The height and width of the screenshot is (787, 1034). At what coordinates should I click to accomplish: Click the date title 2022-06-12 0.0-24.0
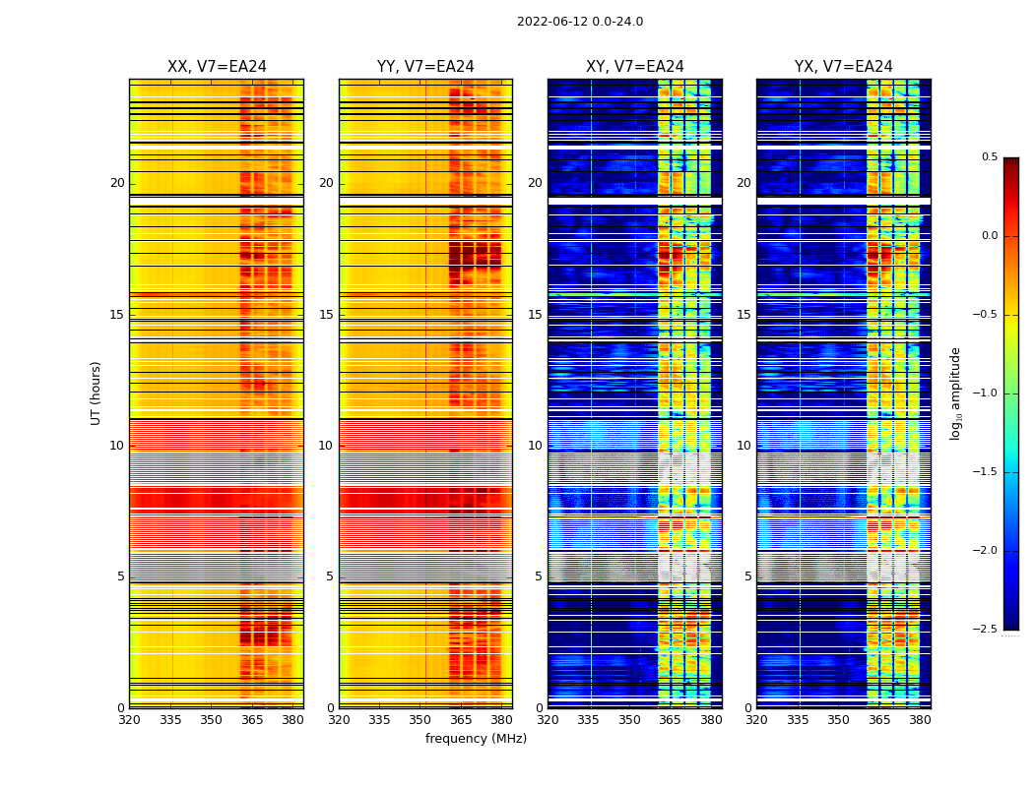[x=579, y=22]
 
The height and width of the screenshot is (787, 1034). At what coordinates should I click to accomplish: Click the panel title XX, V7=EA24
[x=217, y=67]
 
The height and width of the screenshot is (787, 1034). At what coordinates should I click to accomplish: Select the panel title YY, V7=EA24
[x=425, y=67]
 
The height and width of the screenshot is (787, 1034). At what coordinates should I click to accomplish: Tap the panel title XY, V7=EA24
[x=635, y=67]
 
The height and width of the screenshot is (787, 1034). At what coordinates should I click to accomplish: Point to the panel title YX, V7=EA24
[x=844, y=67]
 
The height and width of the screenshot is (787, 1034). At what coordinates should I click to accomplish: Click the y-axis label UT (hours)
[x=97, y=393]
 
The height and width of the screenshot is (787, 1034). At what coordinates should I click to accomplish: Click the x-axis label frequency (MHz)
[x=476, y=739]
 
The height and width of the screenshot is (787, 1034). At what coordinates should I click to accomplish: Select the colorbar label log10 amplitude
[x=955, y=393]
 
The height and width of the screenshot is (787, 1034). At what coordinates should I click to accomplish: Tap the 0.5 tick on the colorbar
[x=989, y=157]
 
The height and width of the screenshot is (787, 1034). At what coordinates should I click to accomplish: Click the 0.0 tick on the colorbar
[x=989, y=236]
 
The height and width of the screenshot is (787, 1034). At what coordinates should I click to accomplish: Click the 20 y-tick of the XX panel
[x=117, y=183]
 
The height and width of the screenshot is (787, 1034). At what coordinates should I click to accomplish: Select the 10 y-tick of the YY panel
[x=327, y=446]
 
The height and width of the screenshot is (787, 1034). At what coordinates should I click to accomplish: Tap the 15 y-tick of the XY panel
[x=536, y=315]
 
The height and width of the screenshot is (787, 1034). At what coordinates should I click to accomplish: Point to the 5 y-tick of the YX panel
[x=748, y=576]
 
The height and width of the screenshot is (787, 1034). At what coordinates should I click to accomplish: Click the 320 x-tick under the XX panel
[x=129, y=720]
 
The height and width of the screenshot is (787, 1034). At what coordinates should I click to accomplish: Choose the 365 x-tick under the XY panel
[x=670, y=720]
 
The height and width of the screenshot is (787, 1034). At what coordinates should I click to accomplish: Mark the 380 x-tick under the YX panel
[x=920, y=720]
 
